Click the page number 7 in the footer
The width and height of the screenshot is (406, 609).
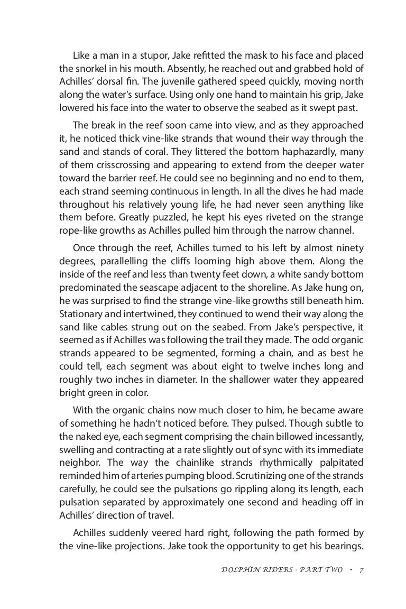tap(361, 570)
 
